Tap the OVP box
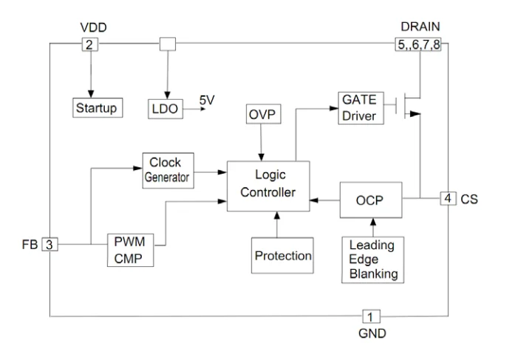pyautogui.click(x=262, y=115)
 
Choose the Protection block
pyautogui.click(x=283, y=256)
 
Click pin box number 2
pyautogui.click(x=89, y=44)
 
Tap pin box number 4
pyautogui.click(x=448, y=198)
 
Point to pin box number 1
pyautogui.click(x=372, y=316)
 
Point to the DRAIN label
pyautogui.click(x=419, y=28)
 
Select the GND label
pyautogui.click(x=372, y=333)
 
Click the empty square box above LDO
pyautogui.click(x=168, y=44)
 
